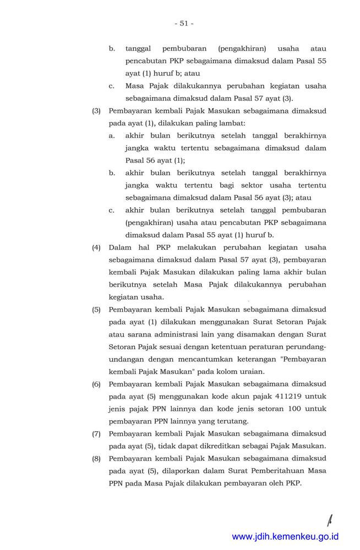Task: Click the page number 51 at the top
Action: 184,23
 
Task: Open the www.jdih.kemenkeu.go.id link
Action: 285,536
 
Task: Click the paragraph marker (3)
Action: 96,111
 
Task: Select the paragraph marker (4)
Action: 96,248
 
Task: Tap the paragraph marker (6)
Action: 96,384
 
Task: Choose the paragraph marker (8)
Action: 96,459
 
